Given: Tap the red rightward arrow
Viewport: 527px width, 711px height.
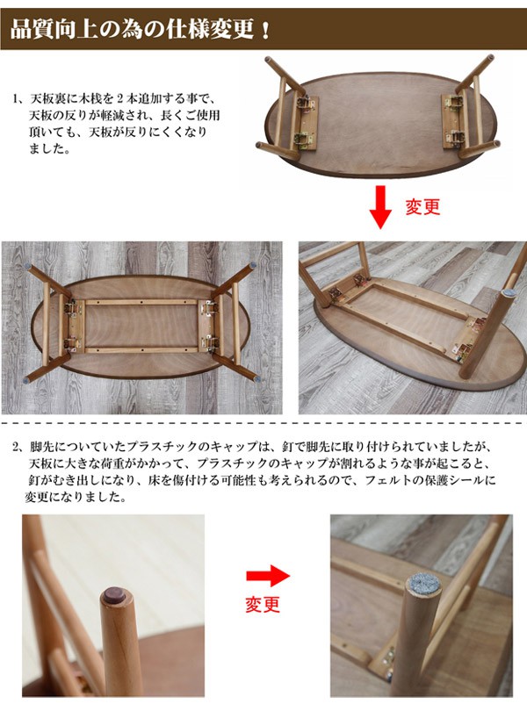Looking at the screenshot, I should pos(267,576).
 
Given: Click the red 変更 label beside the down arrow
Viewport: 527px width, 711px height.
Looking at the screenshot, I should pos(422,207).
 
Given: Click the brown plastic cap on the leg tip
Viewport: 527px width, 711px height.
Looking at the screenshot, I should pos(113,594).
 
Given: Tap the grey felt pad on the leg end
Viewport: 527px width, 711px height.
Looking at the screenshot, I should pos(423,585).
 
